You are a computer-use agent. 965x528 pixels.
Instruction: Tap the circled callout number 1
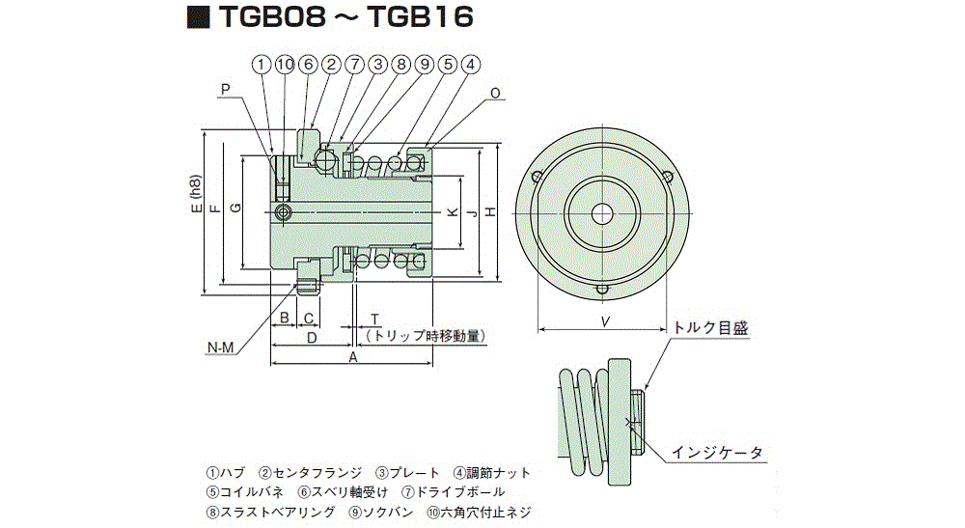(x=262, y=65)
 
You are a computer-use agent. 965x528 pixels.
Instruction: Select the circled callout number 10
(x=285, y=65)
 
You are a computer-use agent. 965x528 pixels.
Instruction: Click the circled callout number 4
(x=470, y=65)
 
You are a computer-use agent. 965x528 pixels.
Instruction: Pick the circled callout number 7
(x=354, y=65)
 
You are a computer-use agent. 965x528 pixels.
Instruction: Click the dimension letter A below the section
(x=352, y=357)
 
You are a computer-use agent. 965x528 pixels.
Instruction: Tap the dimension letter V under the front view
(x=603, y=323)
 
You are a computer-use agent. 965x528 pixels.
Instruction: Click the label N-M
(x=220, y=346)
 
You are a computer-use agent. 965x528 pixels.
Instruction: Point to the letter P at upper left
(x=226, y=89)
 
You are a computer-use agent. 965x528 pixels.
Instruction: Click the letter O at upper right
(x=496, y=94)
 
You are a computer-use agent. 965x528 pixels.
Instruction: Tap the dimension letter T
(x=374, y=318)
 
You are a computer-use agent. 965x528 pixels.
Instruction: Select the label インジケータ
(x=717, y=452)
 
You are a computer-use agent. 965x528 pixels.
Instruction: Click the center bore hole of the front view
(x=602, y=211)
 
